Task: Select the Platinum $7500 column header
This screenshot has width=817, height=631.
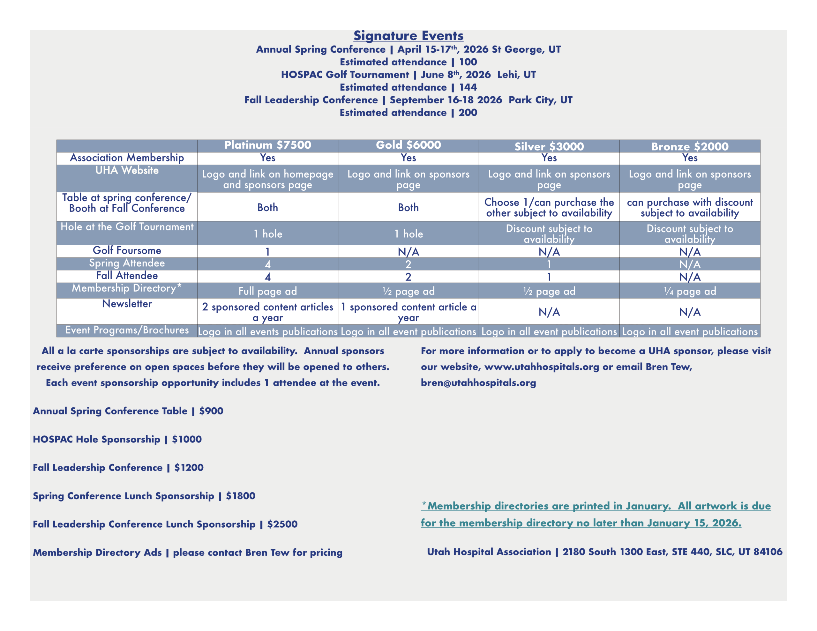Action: click(267, 145)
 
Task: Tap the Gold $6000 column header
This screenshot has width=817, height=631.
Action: click(408, 145)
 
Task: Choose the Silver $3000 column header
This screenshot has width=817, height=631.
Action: click(549, 146)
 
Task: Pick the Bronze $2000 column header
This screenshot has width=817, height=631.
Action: click(690, 146)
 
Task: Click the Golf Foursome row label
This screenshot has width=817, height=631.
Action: click(127, 250)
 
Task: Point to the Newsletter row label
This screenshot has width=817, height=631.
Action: click(127, 304)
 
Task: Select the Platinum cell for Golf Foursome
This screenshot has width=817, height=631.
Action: click(267, 252)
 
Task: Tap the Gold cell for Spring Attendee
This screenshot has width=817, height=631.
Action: click(408, 264)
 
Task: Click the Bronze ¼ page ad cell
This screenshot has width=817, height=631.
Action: click(690, 291)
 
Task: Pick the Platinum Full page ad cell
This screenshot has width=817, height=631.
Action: click(267, 291)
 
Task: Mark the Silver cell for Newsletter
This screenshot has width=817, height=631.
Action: click(549, 312)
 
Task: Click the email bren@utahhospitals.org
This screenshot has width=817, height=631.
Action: click(478, 382)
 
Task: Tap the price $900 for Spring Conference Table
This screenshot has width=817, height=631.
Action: click(211, 411)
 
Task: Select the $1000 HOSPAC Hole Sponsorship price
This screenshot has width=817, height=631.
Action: click(187, 439)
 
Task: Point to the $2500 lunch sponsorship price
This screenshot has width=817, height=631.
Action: click(282, 524)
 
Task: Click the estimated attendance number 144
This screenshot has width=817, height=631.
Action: click(468, 87)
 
